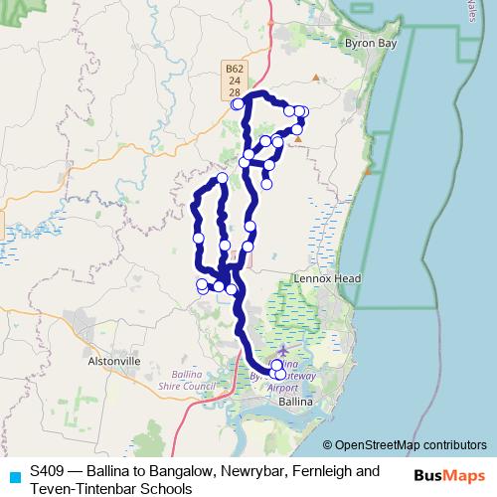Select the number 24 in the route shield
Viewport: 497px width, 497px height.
[233, 81]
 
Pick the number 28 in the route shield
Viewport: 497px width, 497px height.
[233, 91]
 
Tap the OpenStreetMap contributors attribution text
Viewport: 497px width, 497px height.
[410, 445]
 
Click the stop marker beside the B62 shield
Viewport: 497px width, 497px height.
[237, 104]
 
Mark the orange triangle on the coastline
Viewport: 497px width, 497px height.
[368, 171]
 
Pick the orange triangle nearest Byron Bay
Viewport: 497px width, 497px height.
[317, 78]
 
